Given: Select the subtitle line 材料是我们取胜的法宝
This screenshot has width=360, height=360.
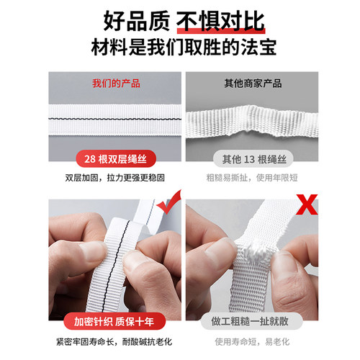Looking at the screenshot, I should (x=180, y=50).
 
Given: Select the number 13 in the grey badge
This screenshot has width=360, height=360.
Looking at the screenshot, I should (x=249, y=158).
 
